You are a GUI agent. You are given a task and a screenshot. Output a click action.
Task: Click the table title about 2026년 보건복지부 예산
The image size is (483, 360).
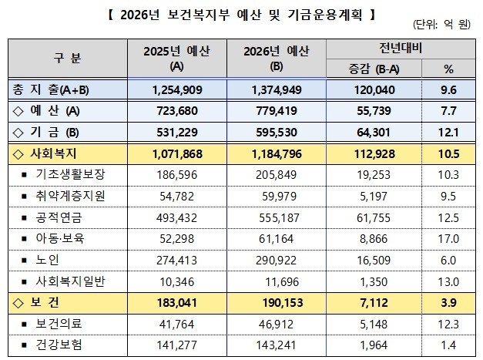pos(241,13)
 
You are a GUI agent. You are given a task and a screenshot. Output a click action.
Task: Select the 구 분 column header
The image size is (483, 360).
pos(70,59)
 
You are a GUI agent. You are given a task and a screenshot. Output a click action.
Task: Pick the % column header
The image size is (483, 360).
pos(449,69)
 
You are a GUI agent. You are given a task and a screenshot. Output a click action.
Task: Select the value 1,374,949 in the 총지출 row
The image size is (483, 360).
pos(282,89)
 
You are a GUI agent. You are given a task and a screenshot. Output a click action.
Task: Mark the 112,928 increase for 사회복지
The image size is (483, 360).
pos(377,153)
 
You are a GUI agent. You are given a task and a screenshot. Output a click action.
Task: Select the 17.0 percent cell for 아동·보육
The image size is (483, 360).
pos(449,240)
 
